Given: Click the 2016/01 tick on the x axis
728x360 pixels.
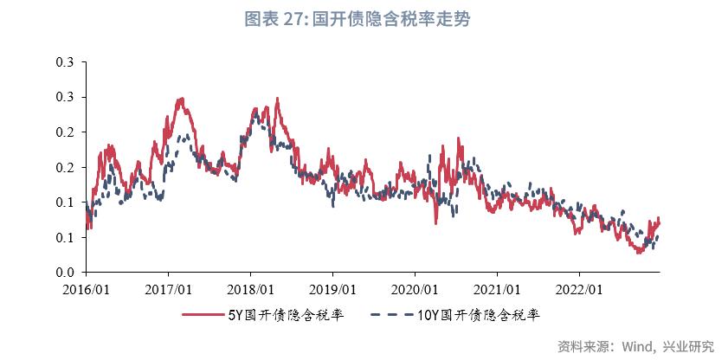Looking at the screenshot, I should click(86, 287).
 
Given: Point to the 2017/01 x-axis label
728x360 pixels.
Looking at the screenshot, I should click(168, 287).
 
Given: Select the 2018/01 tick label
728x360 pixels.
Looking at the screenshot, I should click(251, 287).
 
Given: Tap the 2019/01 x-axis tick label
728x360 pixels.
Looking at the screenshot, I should click(333, 287).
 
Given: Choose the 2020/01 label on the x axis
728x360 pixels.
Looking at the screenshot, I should click(416, 287).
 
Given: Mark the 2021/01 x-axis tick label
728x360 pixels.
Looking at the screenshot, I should click(499, 287).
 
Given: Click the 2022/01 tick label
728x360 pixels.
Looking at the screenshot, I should click(581, 287).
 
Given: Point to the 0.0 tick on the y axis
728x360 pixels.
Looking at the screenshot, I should click(66, 273).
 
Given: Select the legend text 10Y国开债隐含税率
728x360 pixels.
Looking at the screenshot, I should click(477, 316).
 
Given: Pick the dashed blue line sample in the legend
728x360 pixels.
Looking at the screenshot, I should click(391, 316).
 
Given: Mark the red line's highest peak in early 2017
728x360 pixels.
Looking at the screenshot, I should click(181, 99).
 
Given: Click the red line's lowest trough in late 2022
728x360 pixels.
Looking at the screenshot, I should click(639, 253).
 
